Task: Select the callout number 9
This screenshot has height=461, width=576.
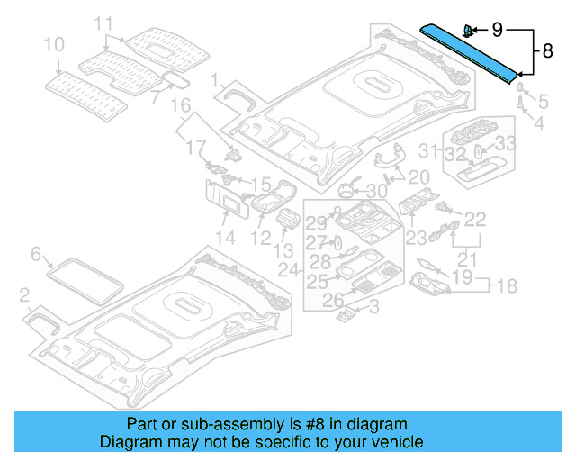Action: [499, 30]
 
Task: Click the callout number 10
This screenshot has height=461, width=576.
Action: [54, 43]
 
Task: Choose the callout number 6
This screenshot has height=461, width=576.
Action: [36, 255]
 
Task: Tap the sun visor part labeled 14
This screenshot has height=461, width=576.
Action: [226, 202]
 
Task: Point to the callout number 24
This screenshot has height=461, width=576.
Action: [288, 269]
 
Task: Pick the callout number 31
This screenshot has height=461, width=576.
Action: [432, 149]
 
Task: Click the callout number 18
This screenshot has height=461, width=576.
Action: [508, 286]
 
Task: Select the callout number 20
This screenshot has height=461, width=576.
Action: [419, 177]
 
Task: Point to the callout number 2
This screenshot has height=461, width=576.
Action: [25, 294]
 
